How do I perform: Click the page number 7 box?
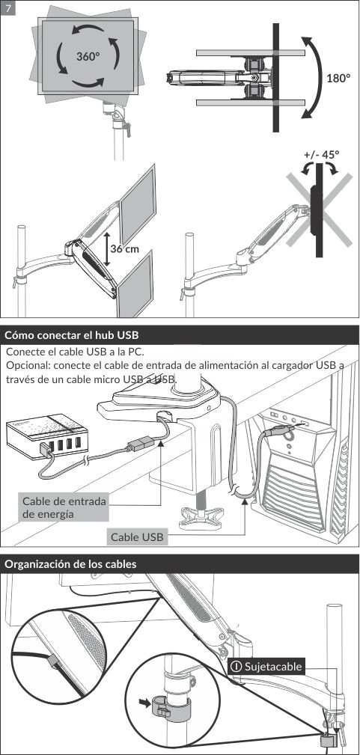pos(8,8)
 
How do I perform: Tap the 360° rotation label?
pos(88,56)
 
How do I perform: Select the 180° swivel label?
pos(338,78)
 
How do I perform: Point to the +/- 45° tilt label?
pos(322,155)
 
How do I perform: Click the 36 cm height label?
pos(124,248)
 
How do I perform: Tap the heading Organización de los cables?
pos(70,564)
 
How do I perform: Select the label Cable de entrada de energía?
pos(64,507)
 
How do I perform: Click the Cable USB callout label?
pos(138,537)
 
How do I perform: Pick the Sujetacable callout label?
pos(266,667)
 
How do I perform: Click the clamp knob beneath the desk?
pos(199,517)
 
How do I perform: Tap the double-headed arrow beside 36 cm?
pos(106,248)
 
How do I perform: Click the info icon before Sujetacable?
pos(237,667)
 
